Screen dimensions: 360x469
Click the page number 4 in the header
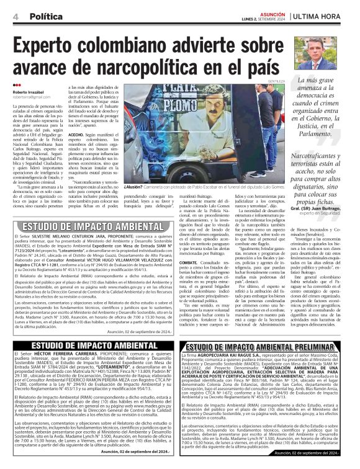pos(14,16)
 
